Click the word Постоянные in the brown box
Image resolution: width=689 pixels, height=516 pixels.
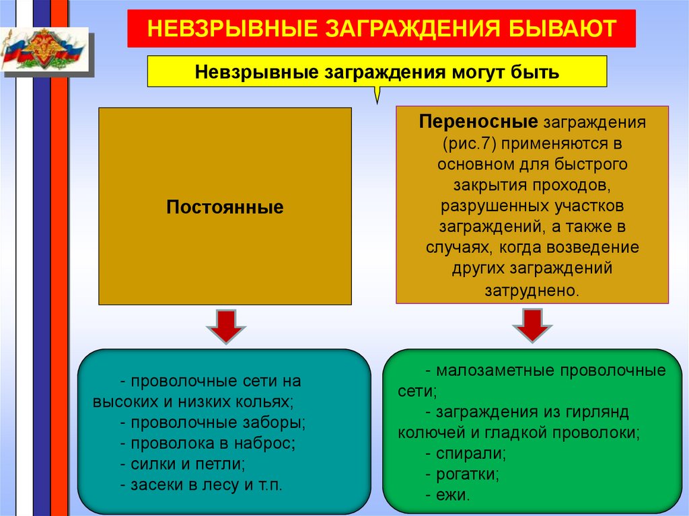click(x=225, y=207)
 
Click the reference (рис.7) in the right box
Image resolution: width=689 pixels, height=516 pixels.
click(x=469, y=143)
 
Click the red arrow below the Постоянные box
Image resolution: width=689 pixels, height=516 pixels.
click(x=225, y=326)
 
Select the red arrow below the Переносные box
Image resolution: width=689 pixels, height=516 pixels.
click(x=532, y=326)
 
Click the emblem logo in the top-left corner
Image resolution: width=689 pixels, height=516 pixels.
click(x=43, y=50)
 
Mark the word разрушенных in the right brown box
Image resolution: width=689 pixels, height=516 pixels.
click(x=483, y=206)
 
